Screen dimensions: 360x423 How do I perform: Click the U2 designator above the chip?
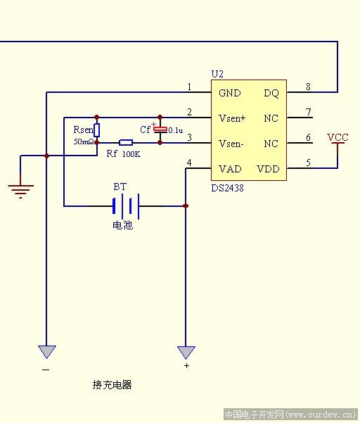217,74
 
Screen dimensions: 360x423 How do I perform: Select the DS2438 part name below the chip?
227,188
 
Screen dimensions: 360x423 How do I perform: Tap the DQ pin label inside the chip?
271,93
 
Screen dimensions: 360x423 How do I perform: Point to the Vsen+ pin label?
232,118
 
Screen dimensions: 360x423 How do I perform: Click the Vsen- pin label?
231,144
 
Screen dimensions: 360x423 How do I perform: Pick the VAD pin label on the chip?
230,169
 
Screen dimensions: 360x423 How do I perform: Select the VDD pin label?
268,169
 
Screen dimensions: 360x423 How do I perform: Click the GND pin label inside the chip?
230,93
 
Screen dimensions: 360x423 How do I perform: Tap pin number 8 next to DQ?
308,87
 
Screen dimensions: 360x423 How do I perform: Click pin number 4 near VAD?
189,163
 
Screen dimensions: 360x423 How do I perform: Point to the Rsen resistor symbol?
97,130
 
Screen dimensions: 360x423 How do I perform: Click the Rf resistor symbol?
126,142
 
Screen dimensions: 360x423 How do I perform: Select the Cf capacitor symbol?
160,130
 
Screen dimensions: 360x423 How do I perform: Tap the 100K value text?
131,154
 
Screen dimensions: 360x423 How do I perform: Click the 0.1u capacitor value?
176,131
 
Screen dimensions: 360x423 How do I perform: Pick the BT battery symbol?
126,206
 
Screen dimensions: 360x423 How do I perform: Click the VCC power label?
337,137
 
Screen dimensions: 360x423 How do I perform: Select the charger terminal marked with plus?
186,353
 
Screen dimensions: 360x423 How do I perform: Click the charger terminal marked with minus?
47,352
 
